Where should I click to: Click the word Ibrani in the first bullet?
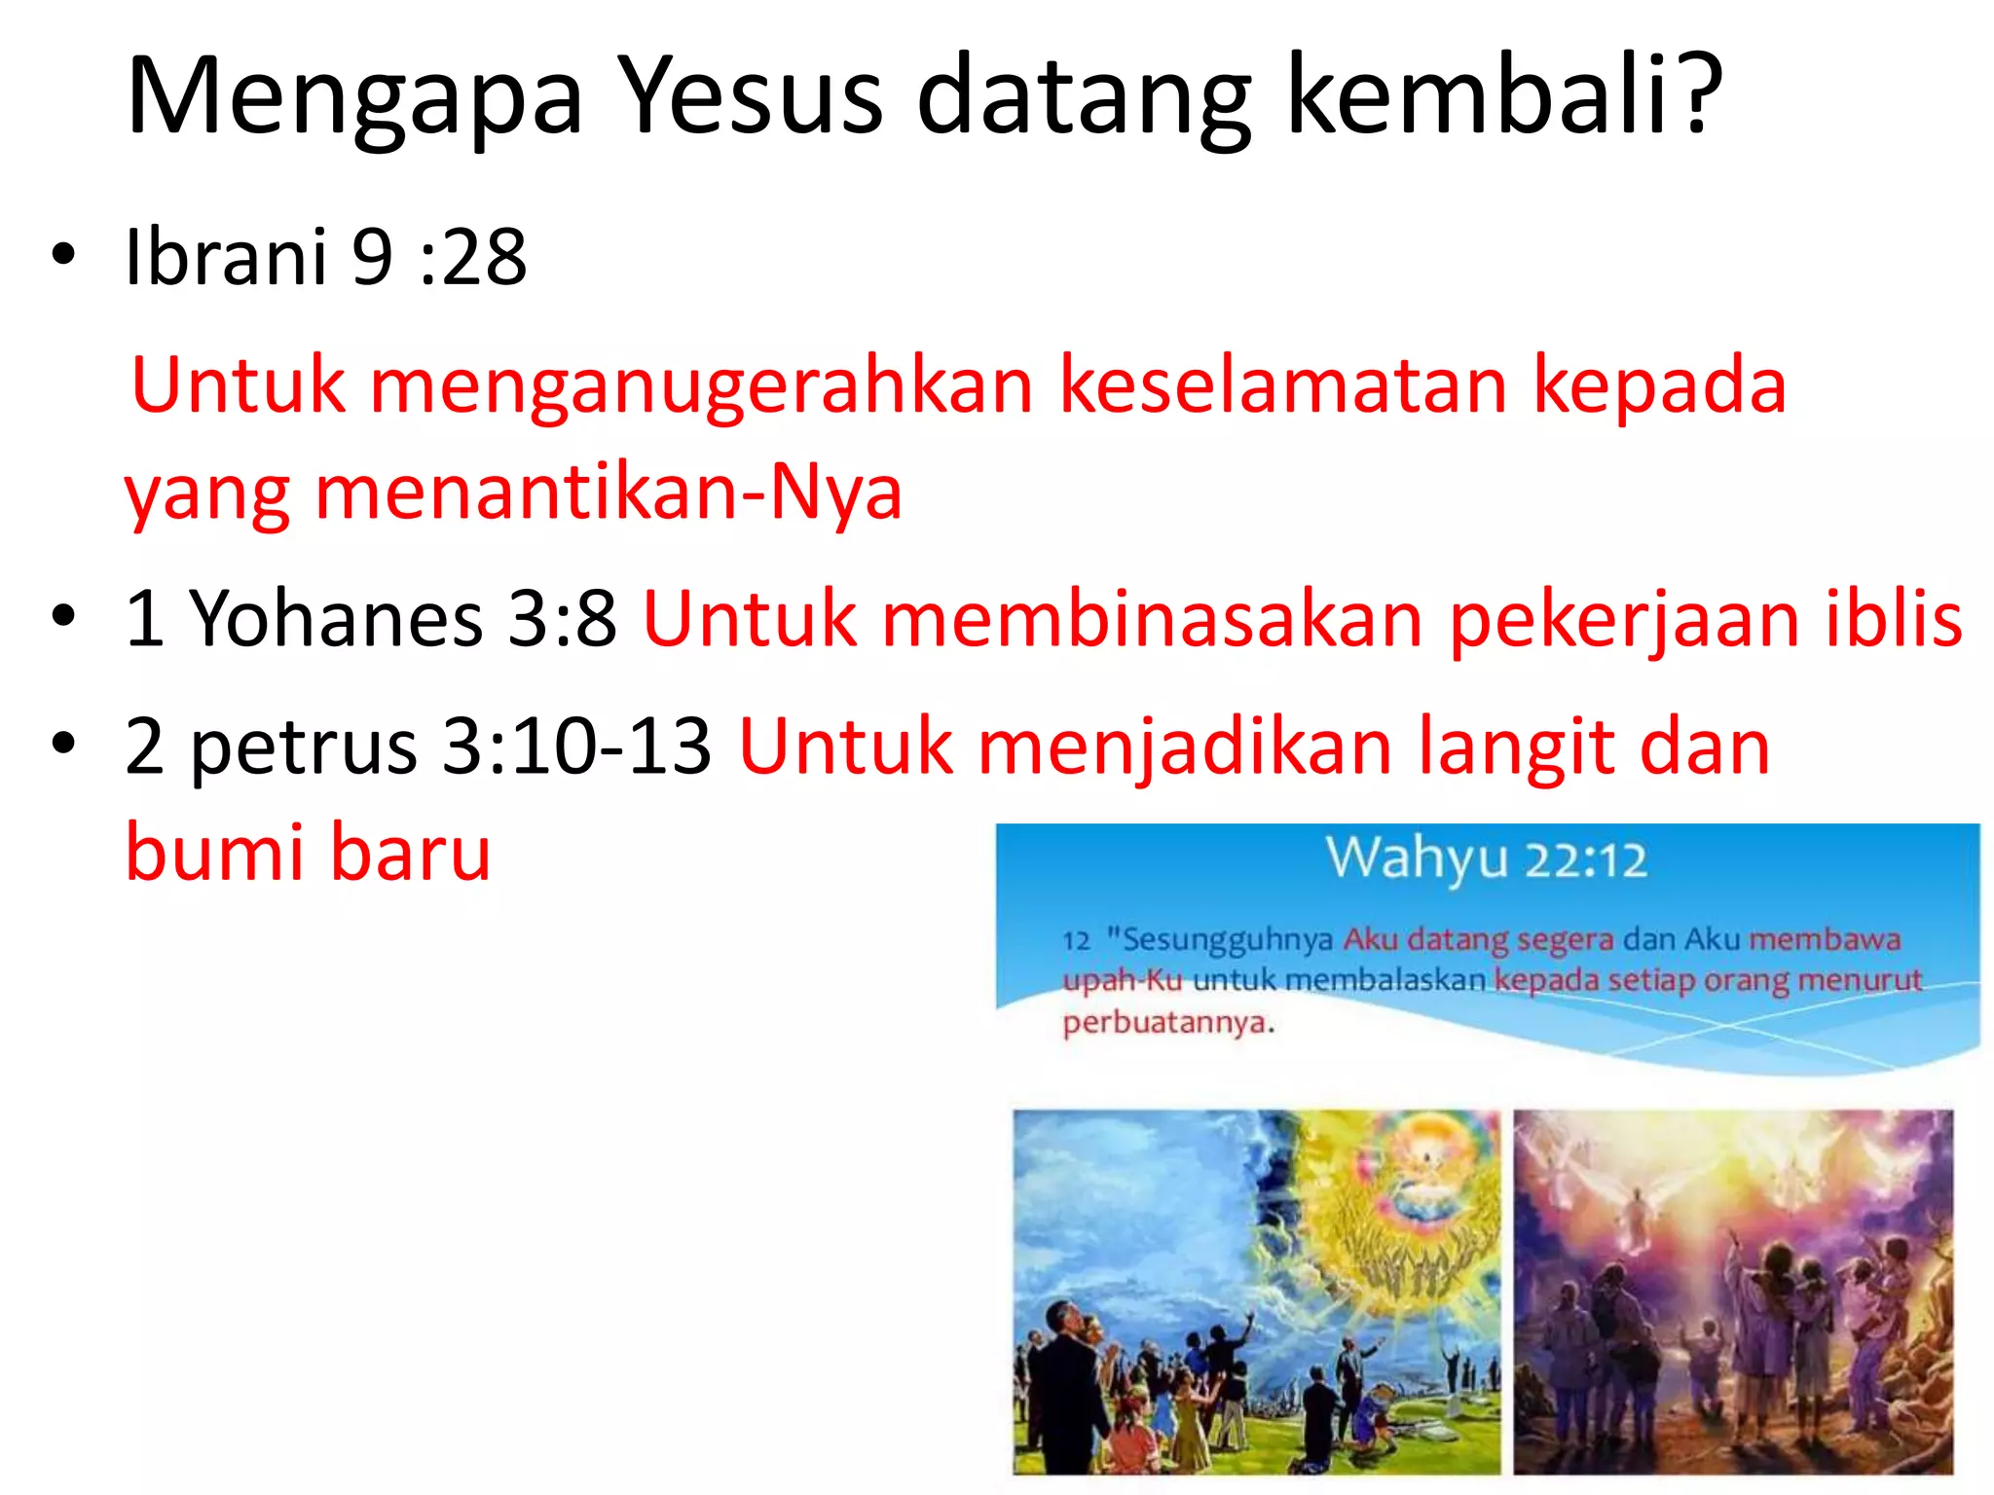click(226, 257)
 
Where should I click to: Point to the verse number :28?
click(473, 259)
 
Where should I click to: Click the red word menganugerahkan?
click(701, 387)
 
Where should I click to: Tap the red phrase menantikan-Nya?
click(609, 492)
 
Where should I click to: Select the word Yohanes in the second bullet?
click(336, 619)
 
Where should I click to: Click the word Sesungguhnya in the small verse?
click(1227, 940)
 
